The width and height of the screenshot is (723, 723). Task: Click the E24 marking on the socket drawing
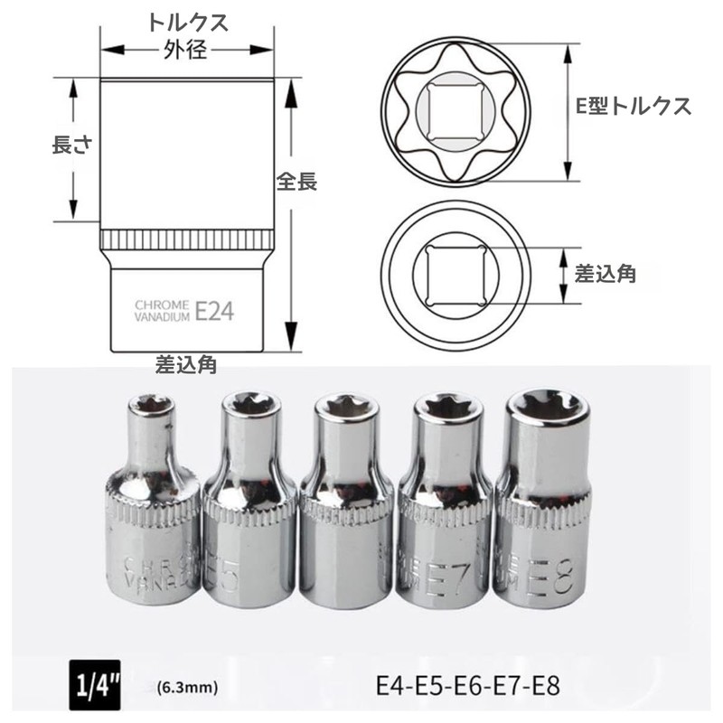[x=214, y=312]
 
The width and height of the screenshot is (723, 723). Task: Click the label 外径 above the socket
[x=187, y=51]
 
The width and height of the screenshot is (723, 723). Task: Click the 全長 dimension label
[x=296, y=181]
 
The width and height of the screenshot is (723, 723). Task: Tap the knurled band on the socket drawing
[x=187, y=240]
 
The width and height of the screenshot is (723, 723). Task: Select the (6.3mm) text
[x=189, y=688]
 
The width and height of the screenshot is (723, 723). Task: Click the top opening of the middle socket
[x=345, y=408]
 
